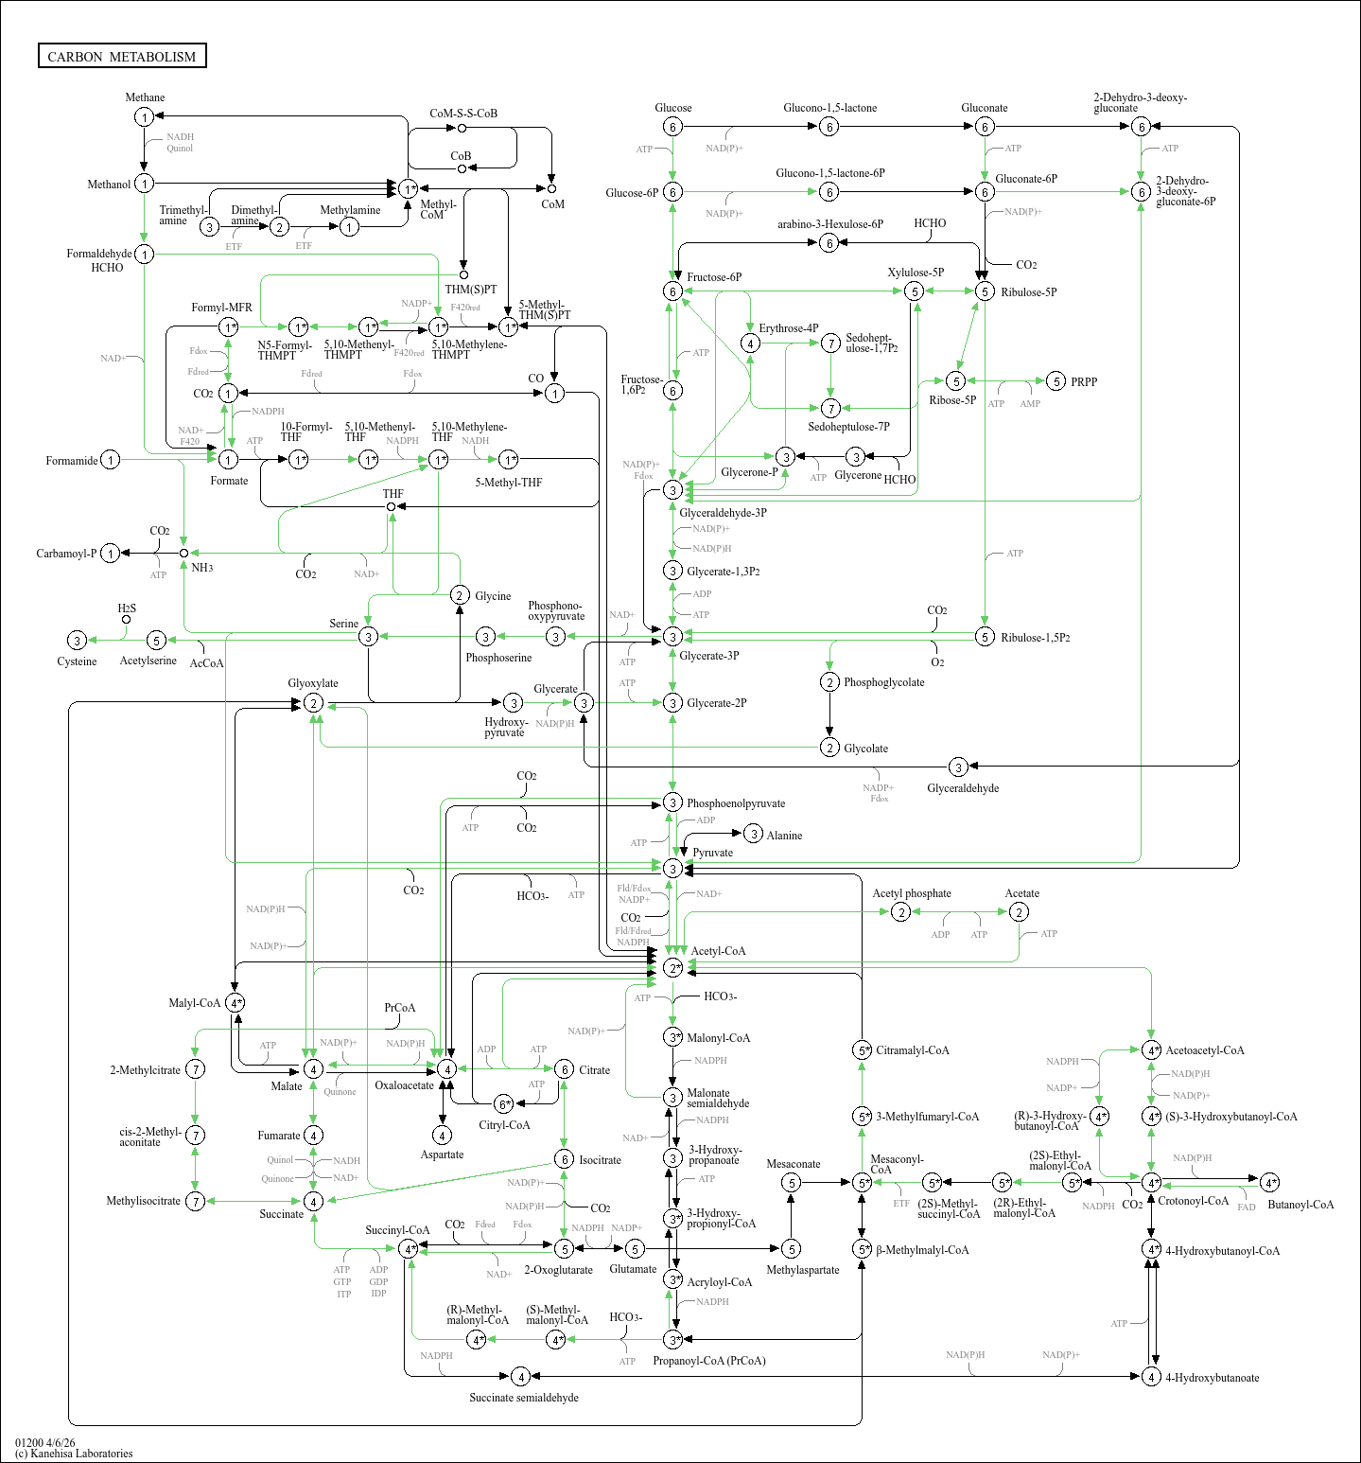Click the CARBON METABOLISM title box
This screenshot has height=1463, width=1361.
pyautogui.click(x=122, y=57)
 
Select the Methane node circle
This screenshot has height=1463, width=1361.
pyautogui.click(x=144, y=117)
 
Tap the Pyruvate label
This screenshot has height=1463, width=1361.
pyautogui.click(x=712, y=853)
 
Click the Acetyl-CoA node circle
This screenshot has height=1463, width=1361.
pyautogui.click(x=672, y=968)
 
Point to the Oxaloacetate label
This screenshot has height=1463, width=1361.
pyautogui.click(x=404, y=1085)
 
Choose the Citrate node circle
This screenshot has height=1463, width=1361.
pyautogui.click(x=564, y=1069)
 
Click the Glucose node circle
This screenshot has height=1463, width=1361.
pyautogui.click(x=672, y=127)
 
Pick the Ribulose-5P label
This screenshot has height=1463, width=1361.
pyautogui.click(x=1029, y=292)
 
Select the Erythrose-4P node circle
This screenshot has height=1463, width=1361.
pyautogui.click(x=750, y=344)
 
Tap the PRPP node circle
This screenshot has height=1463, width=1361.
pyautogui.click(x=1056, y=381)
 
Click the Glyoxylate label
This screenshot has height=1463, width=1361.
pyautogui.click(x=313, y=683)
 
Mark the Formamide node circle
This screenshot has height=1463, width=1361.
pyautogui.click(x=111, y=461)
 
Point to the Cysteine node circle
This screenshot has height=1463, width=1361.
pyautogui.click(x=78, y=641)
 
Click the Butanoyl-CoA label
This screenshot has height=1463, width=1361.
pyautogui.click(x=1300, y=1205)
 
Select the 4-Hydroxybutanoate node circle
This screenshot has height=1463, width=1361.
pyautogui.click(x=1151, y=1377)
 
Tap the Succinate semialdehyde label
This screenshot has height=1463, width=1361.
pyautogui.click(x=524, y=1398)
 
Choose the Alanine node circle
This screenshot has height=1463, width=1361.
pyautogui.click(x=753, y=834)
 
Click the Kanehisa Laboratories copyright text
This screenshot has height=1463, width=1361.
pyautogui.click(x=74, y=1454)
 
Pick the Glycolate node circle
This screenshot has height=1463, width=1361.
pyautogui.click(x=829, y=748)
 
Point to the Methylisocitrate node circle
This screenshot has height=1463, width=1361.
pyautogui.click(x=195, y=1201)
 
